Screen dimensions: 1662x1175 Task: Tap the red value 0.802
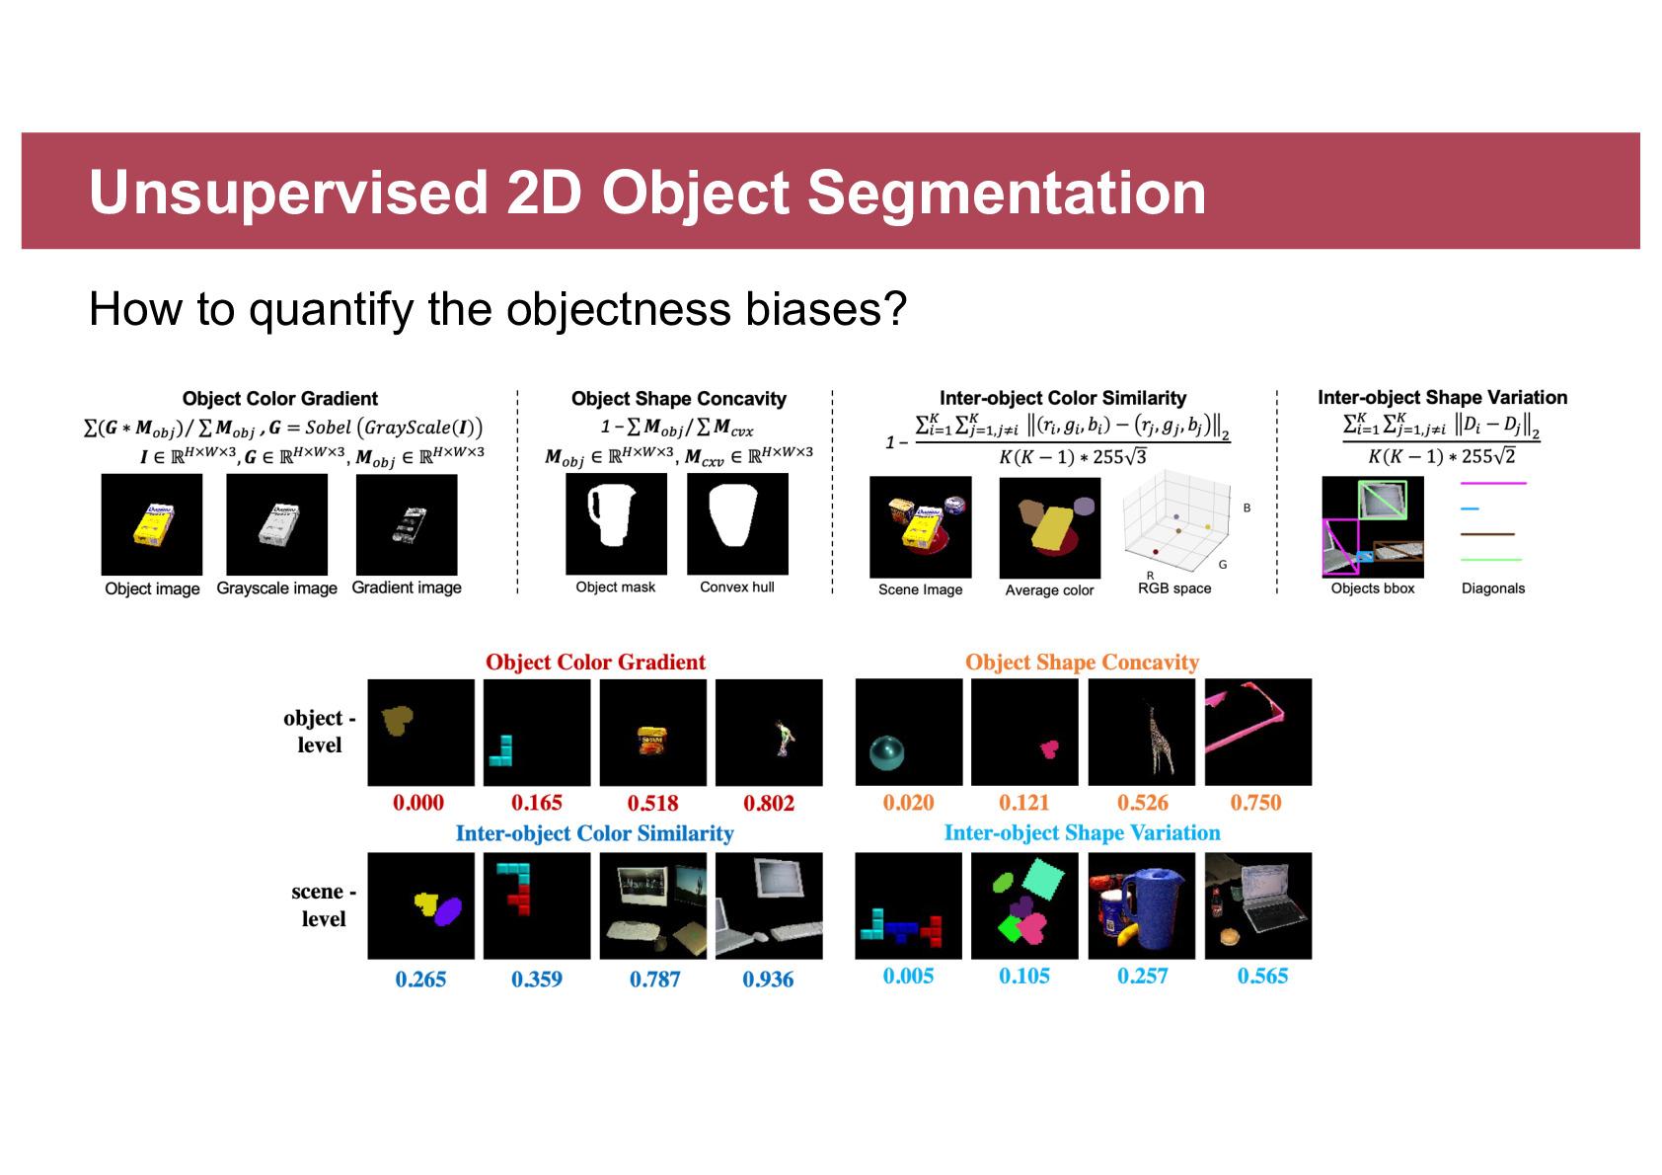(769, 803)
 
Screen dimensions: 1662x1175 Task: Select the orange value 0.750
(1255, 802)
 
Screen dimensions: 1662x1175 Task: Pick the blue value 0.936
(768, 979)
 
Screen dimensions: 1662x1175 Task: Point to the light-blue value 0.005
(908, 976)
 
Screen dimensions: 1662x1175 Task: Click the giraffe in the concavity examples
(1159, 740)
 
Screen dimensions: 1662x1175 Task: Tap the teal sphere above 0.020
(886, 753)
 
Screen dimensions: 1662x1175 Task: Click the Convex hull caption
(737, 587)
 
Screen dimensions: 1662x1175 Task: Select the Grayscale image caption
(276, 587)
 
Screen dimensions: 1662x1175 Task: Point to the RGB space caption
(1174, 587)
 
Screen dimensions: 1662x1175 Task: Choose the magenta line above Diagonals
(1493, 483)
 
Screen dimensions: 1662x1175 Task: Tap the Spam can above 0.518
(652, 740)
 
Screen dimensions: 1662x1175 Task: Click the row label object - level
(320, 731)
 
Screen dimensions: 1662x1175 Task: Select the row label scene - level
(324, 904)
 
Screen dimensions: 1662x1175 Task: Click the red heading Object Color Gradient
(595, 662)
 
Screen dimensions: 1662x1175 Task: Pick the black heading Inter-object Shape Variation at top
(1442, 397)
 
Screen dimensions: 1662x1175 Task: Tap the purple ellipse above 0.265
(447, 910)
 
